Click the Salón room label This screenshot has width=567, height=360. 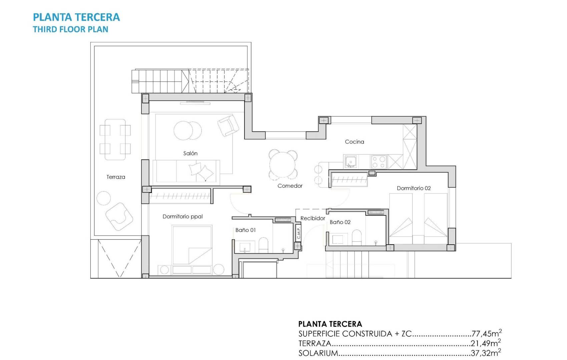click(190, 153)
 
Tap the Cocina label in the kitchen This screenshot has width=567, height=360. click(354, 142)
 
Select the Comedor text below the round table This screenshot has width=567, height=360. click(290, 186)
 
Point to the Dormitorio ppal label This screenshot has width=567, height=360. click(182, 216)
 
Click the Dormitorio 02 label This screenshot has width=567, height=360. click(414, 188)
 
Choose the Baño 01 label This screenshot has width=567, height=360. click(245, 230)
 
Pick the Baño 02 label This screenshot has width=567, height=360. click(340, 222)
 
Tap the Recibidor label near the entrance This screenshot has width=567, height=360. click(313, 218)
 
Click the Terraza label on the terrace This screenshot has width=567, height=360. click(116, 177)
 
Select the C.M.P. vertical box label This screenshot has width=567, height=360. click(299, 232)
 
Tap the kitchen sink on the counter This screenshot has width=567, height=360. click(351, 162)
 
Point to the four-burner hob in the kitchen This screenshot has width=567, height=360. click(379, 162)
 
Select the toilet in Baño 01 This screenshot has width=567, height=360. click(263, 245)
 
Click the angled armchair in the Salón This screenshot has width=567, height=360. click(228, 125)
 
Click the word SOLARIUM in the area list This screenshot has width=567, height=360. click(318, 353)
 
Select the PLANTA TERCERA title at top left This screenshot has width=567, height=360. click(76, 17)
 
